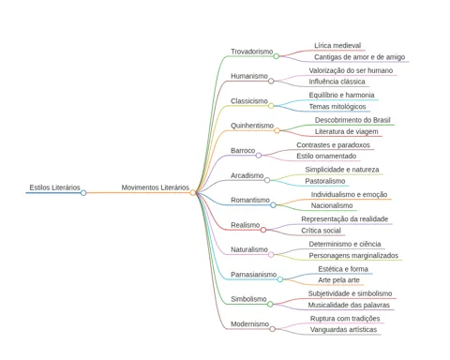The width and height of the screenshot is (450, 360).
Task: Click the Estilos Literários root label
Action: (x=54, y=187)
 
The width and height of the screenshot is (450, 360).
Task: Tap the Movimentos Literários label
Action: (x=156, y=187)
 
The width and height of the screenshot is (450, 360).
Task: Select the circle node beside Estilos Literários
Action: (x=83, y=193)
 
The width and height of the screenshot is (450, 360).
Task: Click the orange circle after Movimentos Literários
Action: (x=192, y=193)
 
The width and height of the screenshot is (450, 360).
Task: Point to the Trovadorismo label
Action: (x=252, y=52)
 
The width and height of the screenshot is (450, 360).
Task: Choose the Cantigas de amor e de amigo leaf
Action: (x=359, y=57)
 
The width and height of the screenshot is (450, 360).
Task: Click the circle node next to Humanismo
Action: (x=271, y=82)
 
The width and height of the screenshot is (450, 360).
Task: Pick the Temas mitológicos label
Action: (x=337, y=107)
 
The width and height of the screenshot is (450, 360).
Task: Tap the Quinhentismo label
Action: (x=252, y=126)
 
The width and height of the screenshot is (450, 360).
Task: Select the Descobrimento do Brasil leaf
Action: (x=352, y=120)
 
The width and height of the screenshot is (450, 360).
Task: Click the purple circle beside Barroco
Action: (x=259, y=156)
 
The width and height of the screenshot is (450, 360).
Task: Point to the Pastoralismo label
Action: (x=325, y=181)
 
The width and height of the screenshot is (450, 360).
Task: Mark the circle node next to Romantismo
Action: (x=273, y=205)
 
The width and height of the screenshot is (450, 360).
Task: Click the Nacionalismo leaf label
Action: (x=332, y=205)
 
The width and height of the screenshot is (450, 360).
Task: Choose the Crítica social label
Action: (x=321, y=231)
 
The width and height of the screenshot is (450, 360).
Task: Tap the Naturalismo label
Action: (x=249, y=249)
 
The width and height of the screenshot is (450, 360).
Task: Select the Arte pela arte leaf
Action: (x=338, y=280)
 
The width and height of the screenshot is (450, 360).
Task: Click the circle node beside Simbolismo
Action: (x=270, y=304)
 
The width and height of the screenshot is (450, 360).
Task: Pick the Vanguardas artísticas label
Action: (x=343, y=330)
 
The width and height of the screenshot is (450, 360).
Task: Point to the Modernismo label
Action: (x=249, y=324)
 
